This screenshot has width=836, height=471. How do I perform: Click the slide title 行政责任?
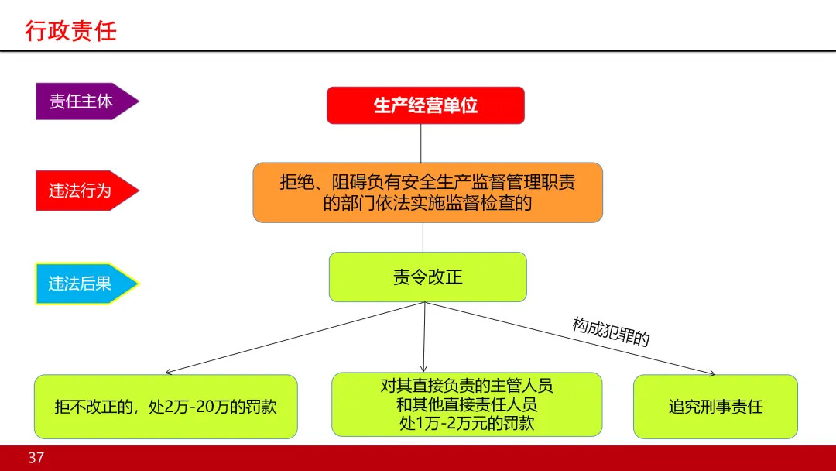coord(70,31)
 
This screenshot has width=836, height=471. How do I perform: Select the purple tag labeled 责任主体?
coord(82,101)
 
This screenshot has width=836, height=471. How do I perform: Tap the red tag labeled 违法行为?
coord(82,191)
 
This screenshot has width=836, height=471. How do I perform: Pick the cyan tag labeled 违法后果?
coord(82,284)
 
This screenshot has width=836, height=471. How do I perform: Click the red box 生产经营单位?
coord(426,105)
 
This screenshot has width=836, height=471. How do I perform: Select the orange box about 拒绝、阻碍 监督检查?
coord(427,192)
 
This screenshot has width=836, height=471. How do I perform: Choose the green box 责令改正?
coord(427,277)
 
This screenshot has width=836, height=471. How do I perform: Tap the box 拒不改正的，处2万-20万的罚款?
coord(166,407)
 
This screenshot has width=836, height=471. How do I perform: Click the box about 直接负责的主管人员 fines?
coord(466,404)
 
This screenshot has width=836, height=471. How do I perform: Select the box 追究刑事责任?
coord(715,407)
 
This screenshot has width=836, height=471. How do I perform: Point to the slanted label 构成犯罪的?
coord(611,332)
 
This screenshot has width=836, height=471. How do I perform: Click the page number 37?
coord(36,458)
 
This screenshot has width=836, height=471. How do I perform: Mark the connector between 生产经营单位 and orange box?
coord(421,143)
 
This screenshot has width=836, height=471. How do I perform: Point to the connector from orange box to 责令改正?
coord(423,237)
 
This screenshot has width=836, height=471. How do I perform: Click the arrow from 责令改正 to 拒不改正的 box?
coord(294,338)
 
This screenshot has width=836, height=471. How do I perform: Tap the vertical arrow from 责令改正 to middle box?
coord(424,337)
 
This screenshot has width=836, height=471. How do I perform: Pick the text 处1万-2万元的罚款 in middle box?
coord(467,424)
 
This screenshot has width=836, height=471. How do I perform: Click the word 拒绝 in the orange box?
coord(298,183)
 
